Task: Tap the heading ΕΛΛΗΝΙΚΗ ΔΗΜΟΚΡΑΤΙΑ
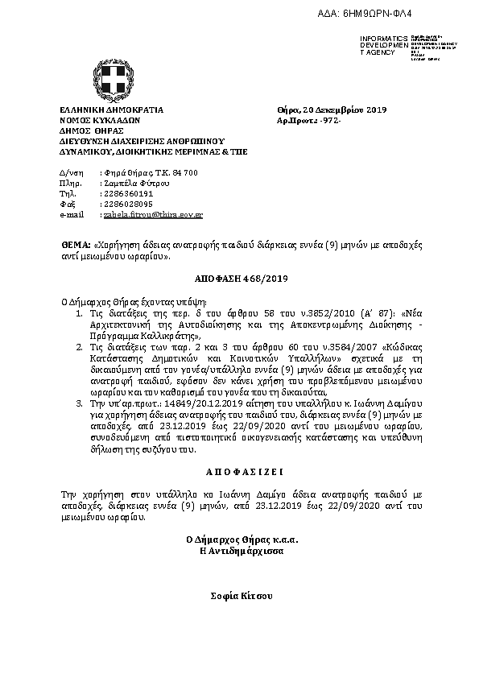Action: coord(112,109)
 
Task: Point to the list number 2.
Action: coord(79,346)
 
